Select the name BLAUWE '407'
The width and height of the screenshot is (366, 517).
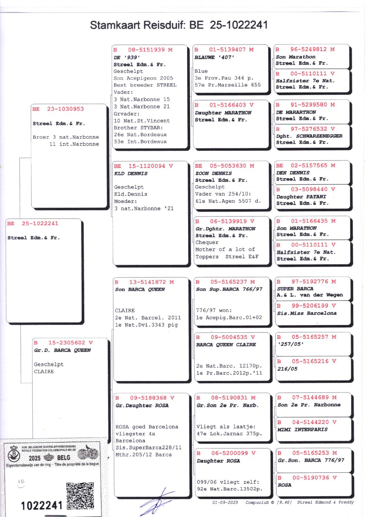point(214,57)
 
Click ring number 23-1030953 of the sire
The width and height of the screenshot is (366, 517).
point(65,109)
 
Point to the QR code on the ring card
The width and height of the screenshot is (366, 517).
point(80,496)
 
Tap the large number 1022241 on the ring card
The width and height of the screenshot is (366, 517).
point(42,506)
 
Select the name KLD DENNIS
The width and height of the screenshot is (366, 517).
point(131,174)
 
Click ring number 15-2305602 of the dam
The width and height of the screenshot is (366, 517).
point(66,343)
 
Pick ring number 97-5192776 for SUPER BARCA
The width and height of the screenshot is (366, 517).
point(310,281)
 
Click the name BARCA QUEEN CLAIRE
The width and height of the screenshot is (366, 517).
point(226,345)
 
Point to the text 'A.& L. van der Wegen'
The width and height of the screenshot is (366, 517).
point(310,295)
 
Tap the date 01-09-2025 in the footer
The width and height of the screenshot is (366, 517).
point(225,502)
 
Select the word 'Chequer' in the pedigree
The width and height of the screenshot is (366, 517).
point(207,242)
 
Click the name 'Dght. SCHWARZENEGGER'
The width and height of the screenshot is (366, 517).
point(309,136)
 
